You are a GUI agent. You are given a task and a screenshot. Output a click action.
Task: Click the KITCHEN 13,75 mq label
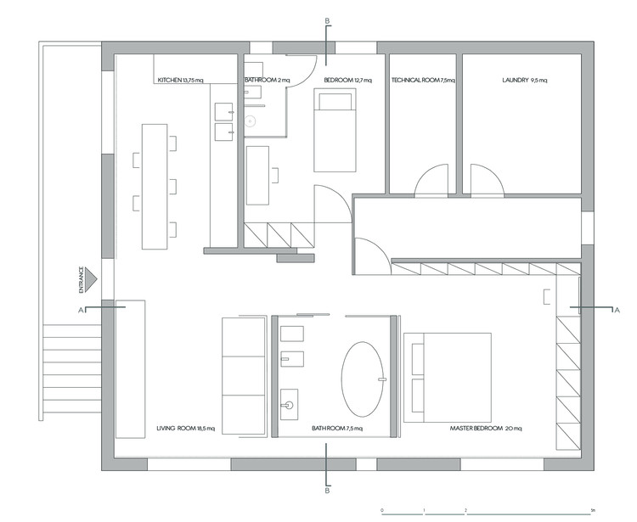(180, 81)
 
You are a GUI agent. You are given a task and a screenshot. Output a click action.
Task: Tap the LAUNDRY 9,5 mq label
(525, 81)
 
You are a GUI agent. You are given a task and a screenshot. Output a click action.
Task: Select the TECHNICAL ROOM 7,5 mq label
(423, 81)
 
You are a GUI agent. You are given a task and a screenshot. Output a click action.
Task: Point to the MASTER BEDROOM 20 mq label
(486, 429)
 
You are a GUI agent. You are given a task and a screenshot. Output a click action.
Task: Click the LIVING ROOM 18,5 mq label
(186, 429)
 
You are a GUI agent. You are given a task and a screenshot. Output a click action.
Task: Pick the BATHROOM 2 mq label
(268, 81)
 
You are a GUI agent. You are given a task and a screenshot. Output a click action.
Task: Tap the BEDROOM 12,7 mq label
(347, 81)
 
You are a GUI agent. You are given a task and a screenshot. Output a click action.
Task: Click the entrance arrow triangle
(91, 279)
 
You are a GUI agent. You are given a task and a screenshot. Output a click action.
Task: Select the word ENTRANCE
(82, 279)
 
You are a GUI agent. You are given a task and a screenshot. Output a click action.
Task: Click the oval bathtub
(363, 379)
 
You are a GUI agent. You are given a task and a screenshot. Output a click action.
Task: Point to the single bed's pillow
(335, 102)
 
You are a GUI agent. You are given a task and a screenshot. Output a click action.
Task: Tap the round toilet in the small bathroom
(251, 121)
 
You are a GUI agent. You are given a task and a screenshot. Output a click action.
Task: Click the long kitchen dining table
(155, 187)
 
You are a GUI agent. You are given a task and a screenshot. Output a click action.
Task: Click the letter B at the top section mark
(328, 20)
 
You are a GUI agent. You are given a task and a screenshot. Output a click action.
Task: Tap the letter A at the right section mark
(617, 310)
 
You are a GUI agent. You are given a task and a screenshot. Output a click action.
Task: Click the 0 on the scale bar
(382, 510)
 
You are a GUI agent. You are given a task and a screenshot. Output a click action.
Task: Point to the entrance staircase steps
(72, 368)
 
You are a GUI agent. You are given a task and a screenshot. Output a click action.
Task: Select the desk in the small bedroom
(257, 176)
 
